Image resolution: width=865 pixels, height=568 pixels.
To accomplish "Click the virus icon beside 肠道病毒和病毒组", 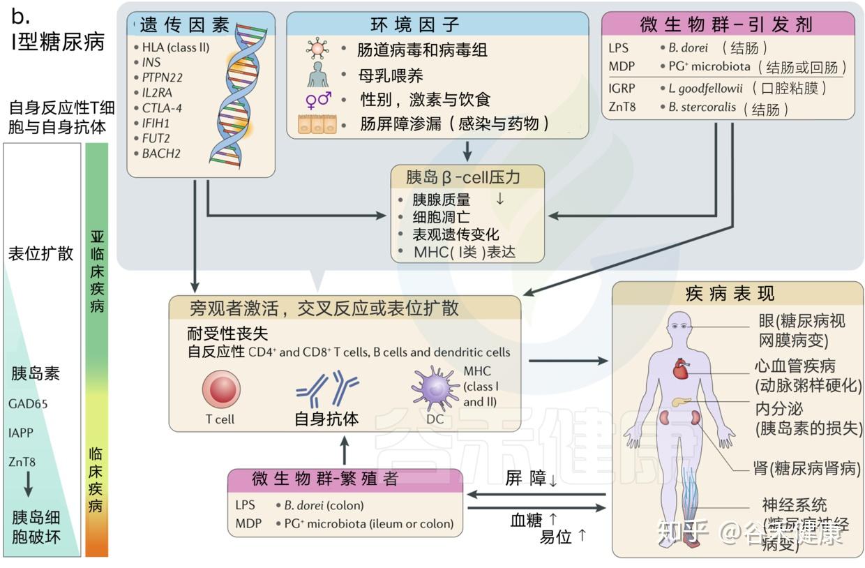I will pos(318,50).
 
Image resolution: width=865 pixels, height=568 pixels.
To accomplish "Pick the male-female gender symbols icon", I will pos(318,100).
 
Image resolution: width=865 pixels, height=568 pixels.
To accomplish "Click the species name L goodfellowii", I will pos(705,89).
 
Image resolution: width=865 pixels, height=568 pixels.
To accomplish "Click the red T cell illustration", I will pos(221,389).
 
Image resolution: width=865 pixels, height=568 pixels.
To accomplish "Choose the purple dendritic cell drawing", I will pos(435,388).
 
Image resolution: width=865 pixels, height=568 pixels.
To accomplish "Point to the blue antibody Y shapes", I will pos(326,389).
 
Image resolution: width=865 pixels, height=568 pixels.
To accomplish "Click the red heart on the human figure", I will pos(681,369).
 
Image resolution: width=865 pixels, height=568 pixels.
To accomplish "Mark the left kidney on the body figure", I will pos(667,418).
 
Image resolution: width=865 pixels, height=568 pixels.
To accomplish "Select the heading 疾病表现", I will pos(730,293).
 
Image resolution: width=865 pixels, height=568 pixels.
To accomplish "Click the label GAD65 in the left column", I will pos(29,403).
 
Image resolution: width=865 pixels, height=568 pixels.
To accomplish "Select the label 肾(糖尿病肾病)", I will pos(806,468).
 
